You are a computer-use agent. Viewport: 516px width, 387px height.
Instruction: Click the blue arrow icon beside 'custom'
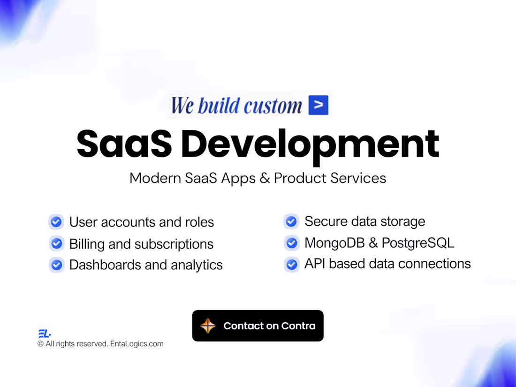pos(319,105)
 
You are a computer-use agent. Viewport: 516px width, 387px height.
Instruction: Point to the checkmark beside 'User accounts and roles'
pos(57,222)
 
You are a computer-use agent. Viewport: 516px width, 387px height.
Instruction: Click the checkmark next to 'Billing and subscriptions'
pos(57,244)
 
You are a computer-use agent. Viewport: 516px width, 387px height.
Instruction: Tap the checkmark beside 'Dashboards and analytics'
pos(57,265)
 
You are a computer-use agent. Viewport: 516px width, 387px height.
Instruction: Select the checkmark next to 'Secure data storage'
pos(291,221)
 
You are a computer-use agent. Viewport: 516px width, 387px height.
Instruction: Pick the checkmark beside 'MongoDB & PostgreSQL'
pos(291,243)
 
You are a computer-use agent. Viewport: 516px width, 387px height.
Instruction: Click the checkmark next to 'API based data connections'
pos(291,264)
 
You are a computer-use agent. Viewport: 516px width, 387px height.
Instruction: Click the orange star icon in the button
pos(208,326)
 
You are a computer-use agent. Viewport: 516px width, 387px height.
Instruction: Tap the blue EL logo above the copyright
pos(44,334)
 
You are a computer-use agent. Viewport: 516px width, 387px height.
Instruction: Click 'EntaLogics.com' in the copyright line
pos(137,344)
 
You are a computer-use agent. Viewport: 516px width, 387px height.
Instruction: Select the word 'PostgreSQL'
pos(417,243)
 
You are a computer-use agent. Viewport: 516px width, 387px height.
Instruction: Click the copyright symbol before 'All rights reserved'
pos(40,344)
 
